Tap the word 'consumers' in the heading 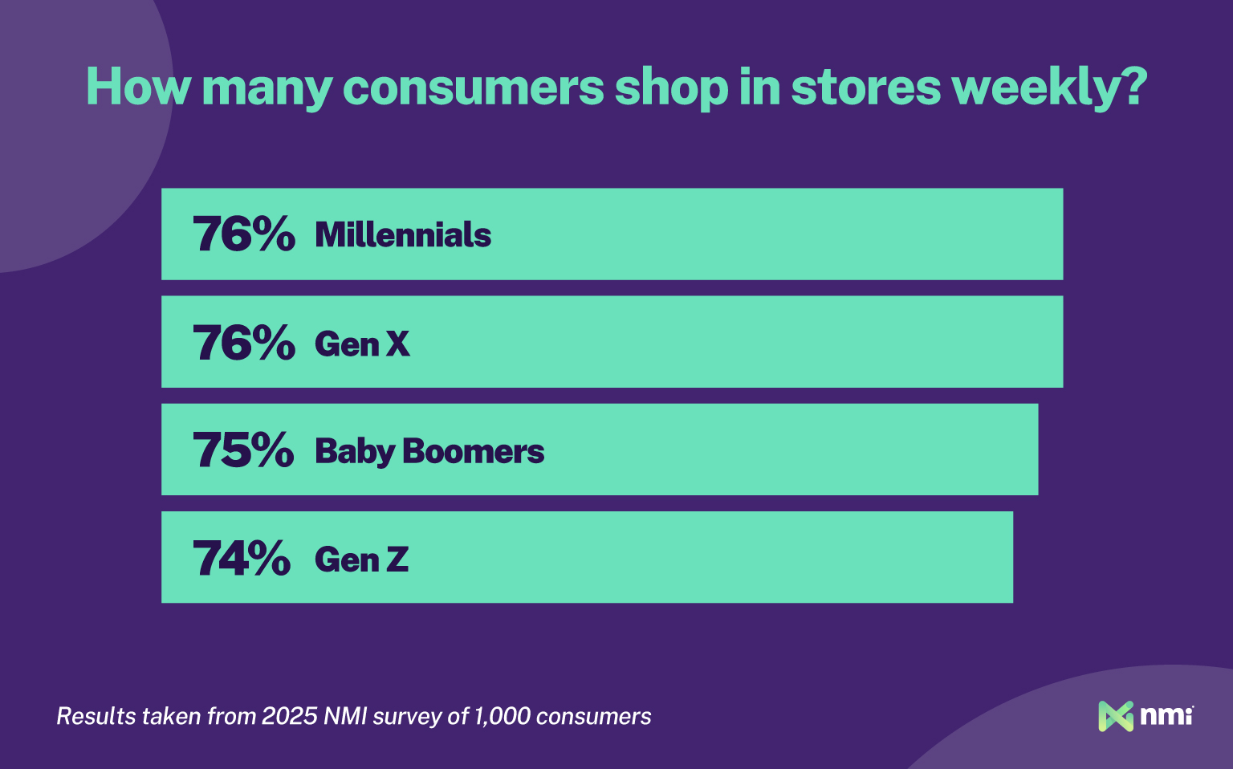tap(473, 88)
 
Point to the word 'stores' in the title tap(865, 88)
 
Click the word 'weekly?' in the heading tap(1052, 88)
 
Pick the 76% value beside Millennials tap(244, 234)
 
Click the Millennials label tap(403, 235)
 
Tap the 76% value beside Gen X tap(244, 343)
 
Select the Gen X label tap(362, 344)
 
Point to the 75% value tap(243, 450)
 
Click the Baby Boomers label tap(429, 452)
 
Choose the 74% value tap(242, 559)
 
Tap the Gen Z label tap(361, 559)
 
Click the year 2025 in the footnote tap(290, 716)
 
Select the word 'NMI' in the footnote tap(346, 716)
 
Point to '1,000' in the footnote tap(503, 716)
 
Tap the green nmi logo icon tap(1115, 716)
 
